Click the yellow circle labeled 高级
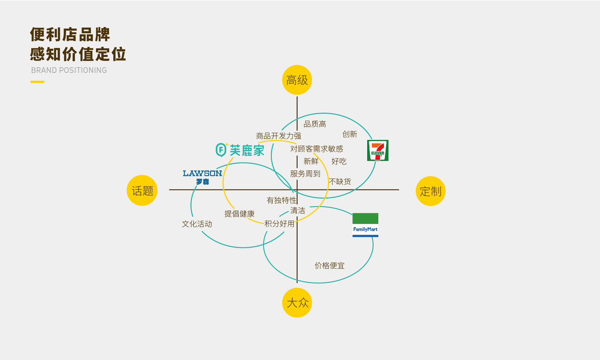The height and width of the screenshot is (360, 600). [x=297, y=80]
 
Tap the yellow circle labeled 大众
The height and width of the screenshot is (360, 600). [x=297, y=303]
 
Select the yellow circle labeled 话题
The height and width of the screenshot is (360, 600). [x=142, y=190]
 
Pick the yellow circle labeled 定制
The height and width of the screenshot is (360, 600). [x=430, y=191]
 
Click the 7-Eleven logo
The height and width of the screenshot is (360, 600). [x=378, y=150]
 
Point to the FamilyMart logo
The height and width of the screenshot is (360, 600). [x=365, y=225]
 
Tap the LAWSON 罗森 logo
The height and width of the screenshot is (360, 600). [x=202, y=177]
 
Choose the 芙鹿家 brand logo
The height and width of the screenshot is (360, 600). [x=240, y=150]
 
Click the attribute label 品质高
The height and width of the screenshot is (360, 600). [x=315, y=124]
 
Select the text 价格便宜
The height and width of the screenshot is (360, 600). [x=330, y=266]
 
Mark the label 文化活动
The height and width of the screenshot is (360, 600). [x=197, y=224]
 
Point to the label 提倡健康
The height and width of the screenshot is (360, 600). [x=240, y=214]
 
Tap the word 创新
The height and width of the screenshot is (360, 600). [x=350, y=134]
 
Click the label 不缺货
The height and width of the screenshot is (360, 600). [x=340, y=182]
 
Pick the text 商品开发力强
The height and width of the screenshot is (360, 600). [x=278, y=136]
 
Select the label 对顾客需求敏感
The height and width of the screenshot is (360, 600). [x=317, y=149]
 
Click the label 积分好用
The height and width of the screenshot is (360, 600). [x=279, y=224]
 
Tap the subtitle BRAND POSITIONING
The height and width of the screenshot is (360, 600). [x=69, y=70]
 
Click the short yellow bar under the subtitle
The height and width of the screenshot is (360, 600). [x=38, y=82]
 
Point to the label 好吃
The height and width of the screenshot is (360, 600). [x=339, y=161]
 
